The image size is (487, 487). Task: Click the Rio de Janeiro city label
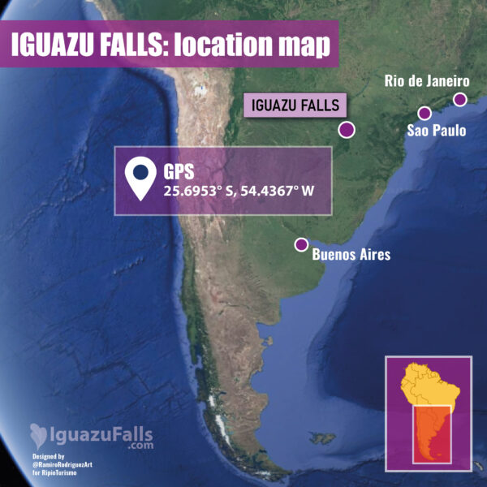(x=426, y=81)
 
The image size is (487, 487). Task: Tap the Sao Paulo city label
(x=437, y=131)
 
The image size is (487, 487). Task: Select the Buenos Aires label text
(x=351, y=255)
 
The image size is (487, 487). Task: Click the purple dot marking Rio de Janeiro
(x=460, y=100)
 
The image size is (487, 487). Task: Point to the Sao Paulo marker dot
(x=424, y=114)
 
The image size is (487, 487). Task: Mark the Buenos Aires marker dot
(x=301, y=244)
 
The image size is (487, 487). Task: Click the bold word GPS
(x=180, y=172)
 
